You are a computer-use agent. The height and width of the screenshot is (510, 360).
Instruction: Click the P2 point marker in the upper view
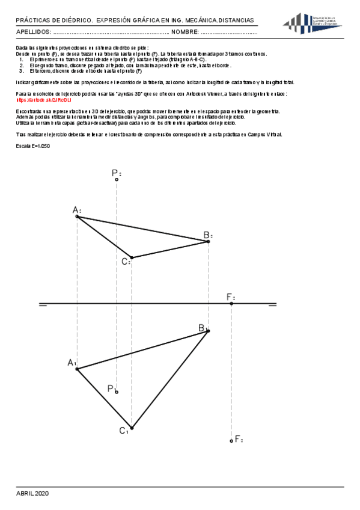click(117, 179)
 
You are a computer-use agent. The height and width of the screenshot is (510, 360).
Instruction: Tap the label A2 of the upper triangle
click(76, 210)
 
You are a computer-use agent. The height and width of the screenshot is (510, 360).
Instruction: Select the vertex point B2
click(208, 241)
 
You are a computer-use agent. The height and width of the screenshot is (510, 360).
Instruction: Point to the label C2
click(126, 261)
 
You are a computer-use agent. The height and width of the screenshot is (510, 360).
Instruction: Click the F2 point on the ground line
click(231, 304)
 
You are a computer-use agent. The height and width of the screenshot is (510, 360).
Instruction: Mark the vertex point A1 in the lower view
click(76, 369)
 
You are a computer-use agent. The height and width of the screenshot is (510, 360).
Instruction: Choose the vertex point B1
click(208, 331)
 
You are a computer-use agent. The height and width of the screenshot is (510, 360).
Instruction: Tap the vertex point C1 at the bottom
click(131, 428)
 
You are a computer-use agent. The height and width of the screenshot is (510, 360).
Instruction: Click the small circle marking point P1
click(117, 392)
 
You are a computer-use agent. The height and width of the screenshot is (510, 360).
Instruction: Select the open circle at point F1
click(231, 441)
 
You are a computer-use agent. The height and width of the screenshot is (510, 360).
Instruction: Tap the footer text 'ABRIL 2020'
click(32, 493)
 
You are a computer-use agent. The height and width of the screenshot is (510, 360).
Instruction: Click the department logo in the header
click(313, 24)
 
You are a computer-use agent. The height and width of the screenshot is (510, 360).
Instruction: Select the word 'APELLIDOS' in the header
click(34, 32)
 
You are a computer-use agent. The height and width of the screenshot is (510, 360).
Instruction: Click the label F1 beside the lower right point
click(239, 440)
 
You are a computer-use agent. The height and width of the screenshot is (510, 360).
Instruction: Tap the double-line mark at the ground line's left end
click(43, 305)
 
